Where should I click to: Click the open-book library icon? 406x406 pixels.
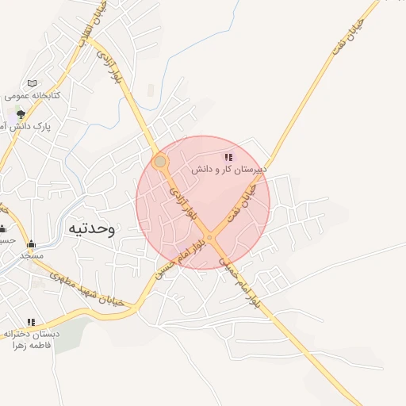(32, 83)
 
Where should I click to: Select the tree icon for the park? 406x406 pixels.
(21, 114)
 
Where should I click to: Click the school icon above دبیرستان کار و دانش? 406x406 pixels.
(228, 158)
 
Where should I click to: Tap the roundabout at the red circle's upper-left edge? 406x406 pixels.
(160, 162)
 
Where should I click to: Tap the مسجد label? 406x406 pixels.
(32, 255)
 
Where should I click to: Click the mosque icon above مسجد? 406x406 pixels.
(32, 243)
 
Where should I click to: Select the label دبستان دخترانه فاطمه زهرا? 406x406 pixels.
(30, 339)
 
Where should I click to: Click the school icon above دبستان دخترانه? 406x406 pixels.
(31, 322)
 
